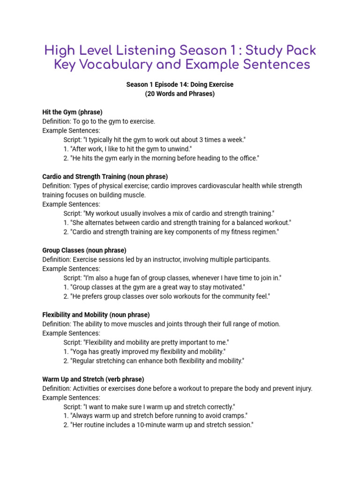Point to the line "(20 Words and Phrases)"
(180, 94)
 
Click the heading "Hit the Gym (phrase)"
(72, 112)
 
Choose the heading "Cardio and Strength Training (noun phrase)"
(105, 177)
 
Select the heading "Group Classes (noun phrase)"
(84, 250)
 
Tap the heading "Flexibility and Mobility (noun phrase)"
(96, 315)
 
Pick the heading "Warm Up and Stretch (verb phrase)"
(93, 379)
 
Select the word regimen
(263, 232)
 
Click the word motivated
(228, 287)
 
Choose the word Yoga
(80, 352)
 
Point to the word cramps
(233, 416)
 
